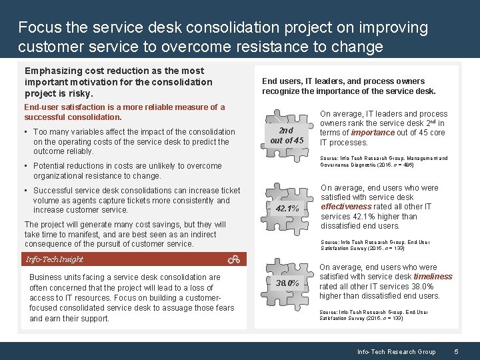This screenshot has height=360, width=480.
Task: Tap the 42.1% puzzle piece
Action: [287, 209]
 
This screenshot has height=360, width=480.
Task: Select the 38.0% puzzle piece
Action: [287, 283]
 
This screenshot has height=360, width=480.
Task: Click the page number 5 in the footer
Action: [456, 351]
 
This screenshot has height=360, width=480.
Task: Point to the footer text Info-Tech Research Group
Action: [396, 351]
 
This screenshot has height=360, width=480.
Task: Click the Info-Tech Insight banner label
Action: [55, 259]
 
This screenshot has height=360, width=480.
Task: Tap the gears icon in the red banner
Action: [233, 259]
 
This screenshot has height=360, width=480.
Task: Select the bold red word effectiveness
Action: [346, 207]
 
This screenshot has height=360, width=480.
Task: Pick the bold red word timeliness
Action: [433, 277]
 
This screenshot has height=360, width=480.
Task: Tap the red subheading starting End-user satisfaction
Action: [124, 111]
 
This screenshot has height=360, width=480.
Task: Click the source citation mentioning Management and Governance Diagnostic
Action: [383, 161]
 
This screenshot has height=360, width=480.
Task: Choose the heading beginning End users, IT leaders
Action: [349, 86]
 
